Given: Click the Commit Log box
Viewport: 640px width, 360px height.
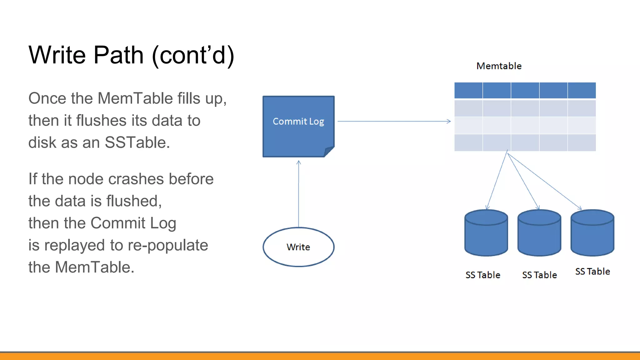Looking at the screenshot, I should point(298,126).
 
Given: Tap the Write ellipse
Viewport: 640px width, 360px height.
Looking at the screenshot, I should point(298,247).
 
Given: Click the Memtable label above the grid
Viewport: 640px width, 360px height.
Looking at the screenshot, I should point(499,66).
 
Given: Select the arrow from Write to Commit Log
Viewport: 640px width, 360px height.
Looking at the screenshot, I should point(298,194).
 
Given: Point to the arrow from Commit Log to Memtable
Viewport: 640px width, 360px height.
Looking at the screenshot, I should point(394,121).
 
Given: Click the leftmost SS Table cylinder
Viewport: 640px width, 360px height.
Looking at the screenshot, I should point(486,234).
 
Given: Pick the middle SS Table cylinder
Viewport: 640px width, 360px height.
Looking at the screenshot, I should point(539,234).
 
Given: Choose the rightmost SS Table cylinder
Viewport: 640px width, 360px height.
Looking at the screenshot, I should point(592,234).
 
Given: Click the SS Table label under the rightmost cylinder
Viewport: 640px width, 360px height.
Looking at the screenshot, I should point(592,271).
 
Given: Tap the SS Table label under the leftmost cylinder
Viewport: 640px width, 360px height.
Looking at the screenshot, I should point(483,275).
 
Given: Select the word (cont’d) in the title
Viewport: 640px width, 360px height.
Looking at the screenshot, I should point(193,55).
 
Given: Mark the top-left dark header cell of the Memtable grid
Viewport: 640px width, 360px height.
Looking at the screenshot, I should point(468,90).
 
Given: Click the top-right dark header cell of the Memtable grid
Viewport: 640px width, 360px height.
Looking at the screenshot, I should point(582,90).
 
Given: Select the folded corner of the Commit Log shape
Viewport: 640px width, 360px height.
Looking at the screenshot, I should point(329,151).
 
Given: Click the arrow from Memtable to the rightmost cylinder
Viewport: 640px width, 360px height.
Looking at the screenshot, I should point(544,181).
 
